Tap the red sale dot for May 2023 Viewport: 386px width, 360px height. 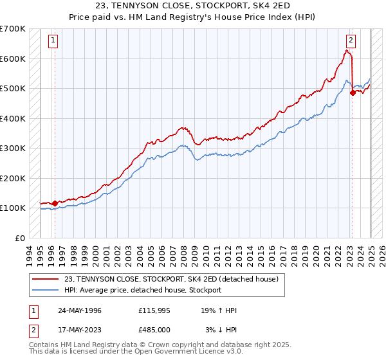[353, 93]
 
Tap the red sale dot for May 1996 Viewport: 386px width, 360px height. [55, 203]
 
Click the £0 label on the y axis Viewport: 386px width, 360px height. [20, 238]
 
